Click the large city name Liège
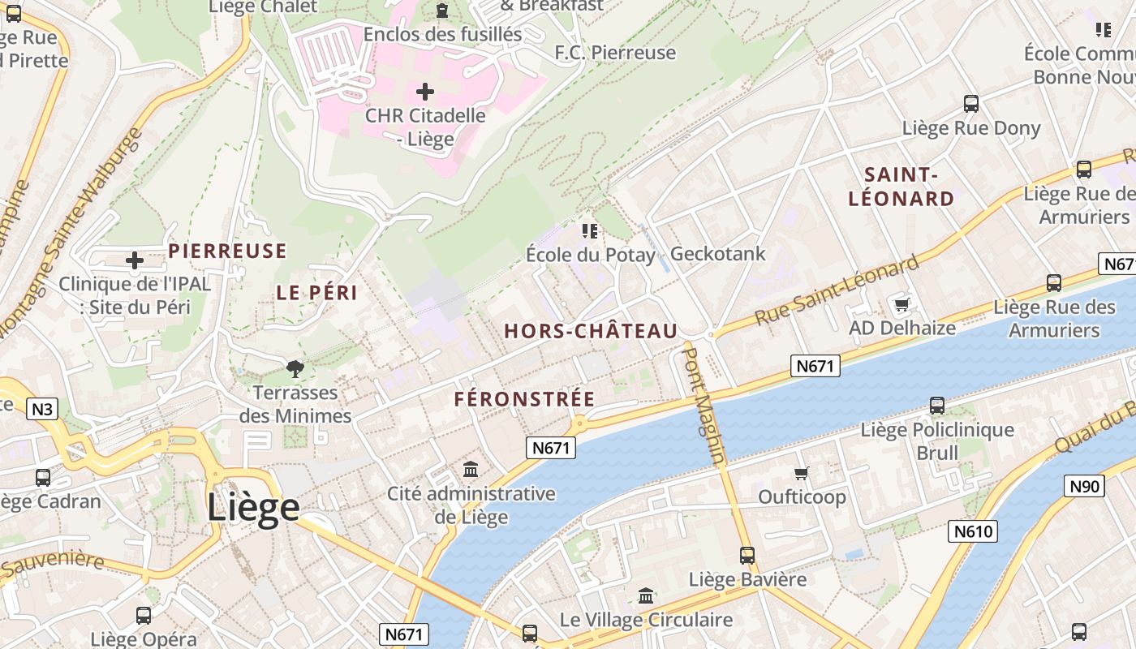[x=253, y=508]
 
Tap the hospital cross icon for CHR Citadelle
[x=424, y=92]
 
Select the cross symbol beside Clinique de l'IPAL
[x=135, y=260]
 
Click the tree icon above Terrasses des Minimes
[x=295, y=370]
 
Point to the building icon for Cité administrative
[x=470, y=469]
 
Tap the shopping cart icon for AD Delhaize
[x=901, y=305]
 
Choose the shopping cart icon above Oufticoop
[x=802, y=473]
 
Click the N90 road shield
[x=1084, y=486]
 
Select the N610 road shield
[x=972, y=531]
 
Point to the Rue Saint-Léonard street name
[x=837, y=290]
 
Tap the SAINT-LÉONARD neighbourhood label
[x=901, y=187]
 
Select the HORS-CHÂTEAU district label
[x=591, y=331]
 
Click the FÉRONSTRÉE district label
[x=524, y=399]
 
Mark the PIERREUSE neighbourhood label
[x=227, y=251]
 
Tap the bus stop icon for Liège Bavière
[x=747, y=556]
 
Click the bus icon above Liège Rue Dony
[x=971, y=104]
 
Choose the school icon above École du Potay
[x=590, y=231]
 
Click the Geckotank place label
[x=717, y=254]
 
